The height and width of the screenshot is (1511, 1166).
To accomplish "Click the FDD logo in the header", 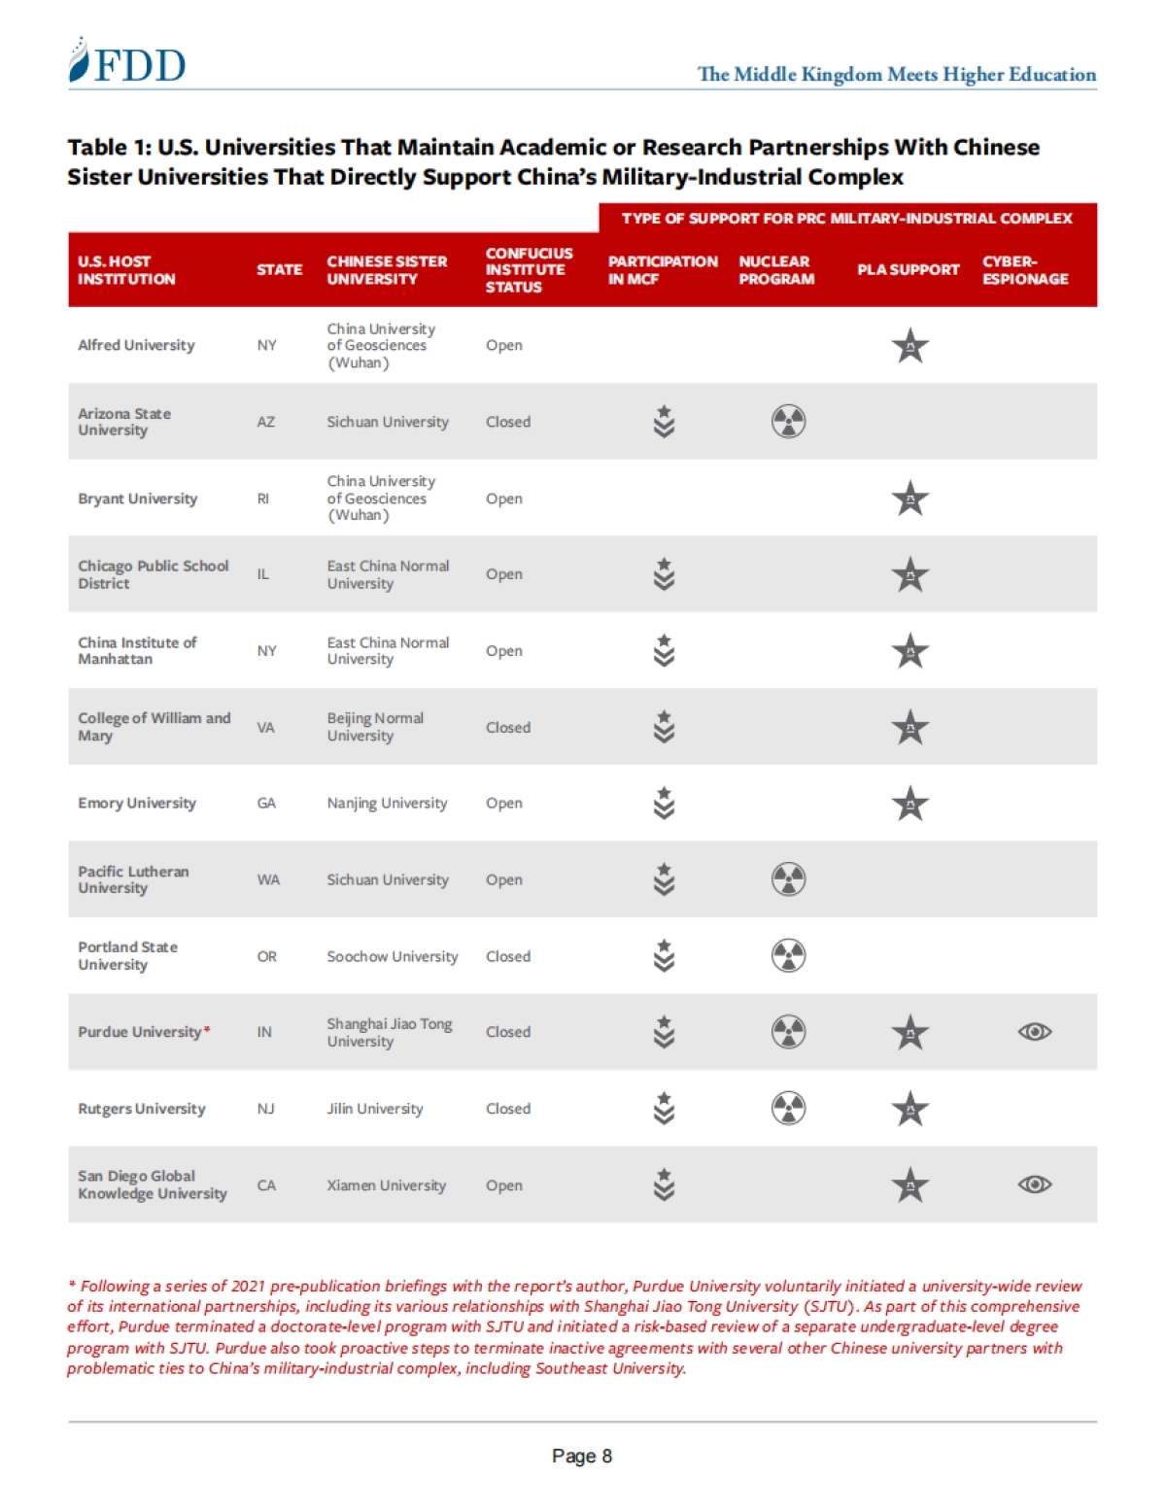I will click(127, 63).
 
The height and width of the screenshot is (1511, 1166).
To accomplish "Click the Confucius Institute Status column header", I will click(529, 270).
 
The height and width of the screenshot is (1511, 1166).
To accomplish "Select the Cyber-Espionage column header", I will click(1024, 270).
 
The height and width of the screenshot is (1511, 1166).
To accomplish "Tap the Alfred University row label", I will click(136, 345).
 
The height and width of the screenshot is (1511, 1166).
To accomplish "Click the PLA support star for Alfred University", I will click(910, 346).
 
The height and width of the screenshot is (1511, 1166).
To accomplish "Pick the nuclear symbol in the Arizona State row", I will click(788, 422).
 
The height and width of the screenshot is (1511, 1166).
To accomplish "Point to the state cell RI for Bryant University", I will click(263, 498).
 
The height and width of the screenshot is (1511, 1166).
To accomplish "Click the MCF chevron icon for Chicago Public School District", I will click(664, 574).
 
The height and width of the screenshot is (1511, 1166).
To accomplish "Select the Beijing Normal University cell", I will click(375, 727).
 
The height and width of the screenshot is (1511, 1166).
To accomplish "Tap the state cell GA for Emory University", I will click(266, 803).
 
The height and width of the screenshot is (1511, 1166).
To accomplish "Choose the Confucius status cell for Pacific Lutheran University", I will click(504, 879).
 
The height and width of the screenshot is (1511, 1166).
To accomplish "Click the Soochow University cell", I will click(392, 956).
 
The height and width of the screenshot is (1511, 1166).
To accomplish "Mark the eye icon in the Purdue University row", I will click(1034, 1032).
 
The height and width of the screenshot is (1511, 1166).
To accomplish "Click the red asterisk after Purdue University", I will click(207, 1030).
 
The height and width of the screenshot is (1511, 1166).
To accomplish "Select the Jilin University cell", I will click(375, 1109).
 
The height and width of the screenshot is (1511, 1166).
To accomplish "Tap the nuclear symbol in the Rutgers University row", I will click(788, 1109).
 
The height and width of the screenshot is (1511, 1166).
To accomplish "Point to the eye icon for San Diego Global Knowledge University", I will click(1034, 1185).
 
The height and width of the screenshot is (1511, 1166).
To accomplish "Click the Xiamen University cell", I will click(386, 1185).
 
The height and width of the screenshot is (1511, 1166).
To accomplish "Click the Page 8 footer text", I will click(581, 1456).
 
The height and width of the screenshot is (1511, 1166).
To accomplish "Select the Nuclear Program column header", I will click(775, 270).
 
